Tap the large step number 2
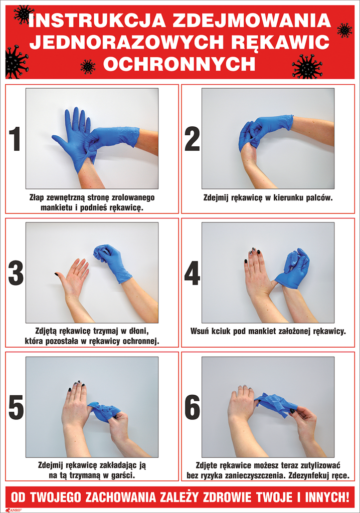tap(192, 139)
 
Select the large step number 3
tap(16, 273)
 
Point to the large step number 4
tap(192, 273)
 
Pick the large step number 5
tap(16, 407)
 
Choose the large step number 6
tap(192, 407)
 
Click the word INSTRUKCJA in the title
tap(97, 20)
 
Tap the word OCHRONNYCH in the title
tap(179, 64)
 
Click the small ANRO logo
tap(12, 509)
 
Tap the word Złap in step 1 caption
tap(37, 197)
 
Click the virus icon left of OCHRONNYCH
tap(88, 67)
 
